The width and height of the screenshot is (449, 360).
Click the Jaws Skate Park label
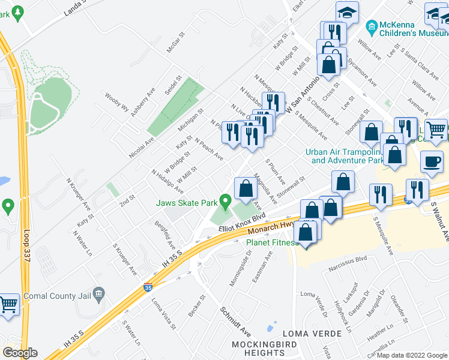click(188, 203)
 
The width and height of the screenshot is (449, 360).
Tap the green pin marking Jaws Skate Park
click(226, 202)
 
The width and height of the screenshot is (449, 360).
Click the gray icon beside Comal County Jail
click(100, 293)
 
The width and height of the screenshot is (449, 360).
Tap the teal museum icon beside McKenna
click(370, 26)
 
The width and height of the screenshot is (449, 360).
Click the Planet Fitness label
click(273, 243)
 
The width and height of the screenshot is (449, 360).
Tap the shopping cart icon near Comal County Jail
click(8, 305)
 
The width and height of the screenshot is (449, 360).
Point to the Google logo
click(20, 352)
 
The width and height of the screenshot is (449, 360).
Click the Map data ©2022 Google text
click(412, 355)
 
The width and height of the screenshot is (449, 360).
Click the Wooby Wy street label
click(117, 103)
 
